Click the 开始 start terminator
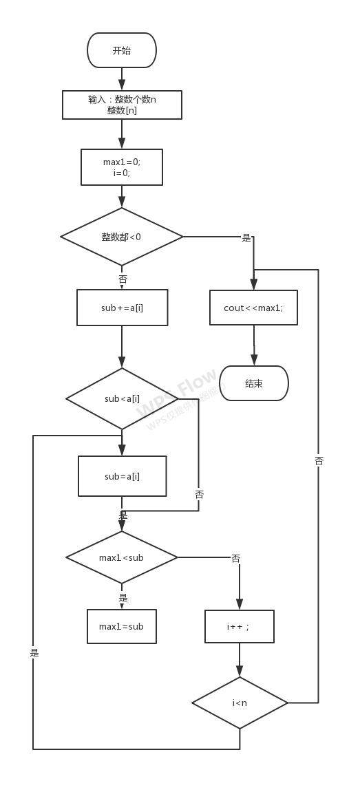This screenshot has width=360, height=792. [122, 50]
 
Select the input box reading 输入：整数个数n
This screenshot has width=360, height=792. [122, 105]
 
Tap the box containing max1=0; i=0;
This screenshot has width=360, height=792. [122, 167]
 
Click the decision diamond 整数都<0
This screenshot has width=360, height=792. [122, 237]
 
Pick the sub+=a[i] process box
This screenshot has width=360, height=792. [122, 308]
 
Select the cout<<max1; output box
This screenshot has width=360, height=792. [253, 308]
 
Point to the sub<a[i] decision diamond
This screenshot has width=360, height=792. [122, 398]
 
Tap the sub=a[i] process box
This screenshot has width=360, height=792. [122, 476]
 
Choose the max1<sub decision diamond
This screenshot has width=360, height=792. [122, 557]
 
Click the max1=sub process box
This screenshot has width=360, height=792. [122, 626]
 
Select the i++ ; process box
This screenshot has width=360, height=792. [239, 626]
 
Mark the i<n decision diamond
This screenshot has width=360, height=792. [239, 703]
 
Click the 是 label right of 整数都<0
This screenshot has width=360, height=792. [246, 238]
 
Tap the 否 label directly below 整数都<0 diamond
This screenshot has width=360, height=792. [123, 279]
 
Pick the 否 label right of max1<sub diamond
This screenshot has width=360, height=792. [235, 558]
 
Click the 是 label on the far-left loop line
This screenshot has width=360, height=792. [34, 652]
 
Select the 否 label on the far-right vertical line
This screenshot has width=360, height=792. [319, 461]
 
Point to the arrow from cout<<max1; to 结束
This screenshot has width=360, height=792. [254, 345]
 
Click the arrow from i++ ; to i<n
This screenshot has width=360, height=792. [240, 661]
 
